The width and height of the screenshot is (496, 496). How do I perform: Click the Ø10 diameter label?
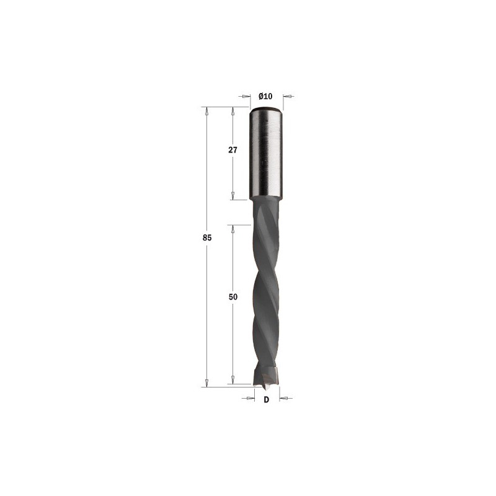tap(265, 96)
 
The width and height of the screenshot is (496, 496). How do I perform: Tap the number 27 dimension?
tap(232, 150)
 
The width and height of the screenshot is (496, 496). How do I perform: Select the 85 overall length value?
tap(207, 237)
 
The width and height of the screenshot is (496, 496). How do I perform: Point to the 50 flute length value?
tap(233, 297)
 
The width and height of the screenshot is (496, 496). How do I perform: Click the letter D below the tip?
tap(267, 400)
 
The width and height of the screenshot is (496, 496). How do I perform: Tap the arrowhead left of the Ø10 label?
tap(246, 96)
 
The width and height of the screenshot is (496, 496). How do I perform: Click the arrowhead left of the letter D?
tap(250, 398)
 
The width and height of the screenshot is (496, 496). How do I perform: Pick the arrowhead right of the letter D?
tap(283, 398)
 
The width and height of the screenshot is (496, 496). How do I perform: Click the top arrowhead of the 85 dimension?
tap(207, 111)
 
